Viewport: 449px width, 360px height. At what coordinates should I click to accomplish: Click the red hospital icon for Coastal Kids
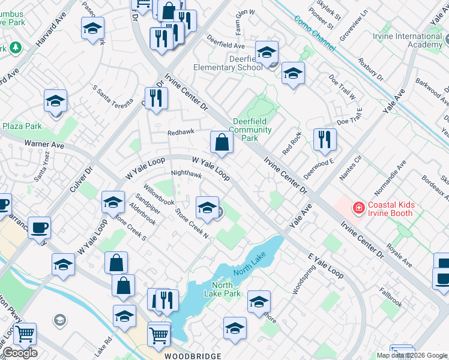(x=359, y=208)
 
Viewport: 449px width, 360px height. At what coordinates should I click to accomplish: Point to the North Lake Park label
(x=226, y=289)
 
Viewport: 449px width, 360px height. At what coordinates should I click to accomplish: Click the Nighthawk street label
(x=186, y=175)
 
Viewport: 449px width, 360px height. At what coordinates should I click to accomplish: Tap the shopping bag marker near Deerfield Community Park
(x=221, y=142)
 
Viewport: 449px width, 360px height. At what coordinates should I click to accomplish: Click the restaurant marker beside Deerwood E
(x=325, y=139)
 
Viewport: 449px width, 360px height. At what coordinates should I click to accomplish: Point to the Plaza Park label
(x=22, y=126)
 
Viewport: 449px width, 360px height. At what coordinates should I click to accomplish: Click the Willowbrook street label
(x=158, y=199)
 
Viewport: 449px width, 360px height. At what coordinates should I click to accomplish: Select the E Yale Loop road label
(x=326, y=265)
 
